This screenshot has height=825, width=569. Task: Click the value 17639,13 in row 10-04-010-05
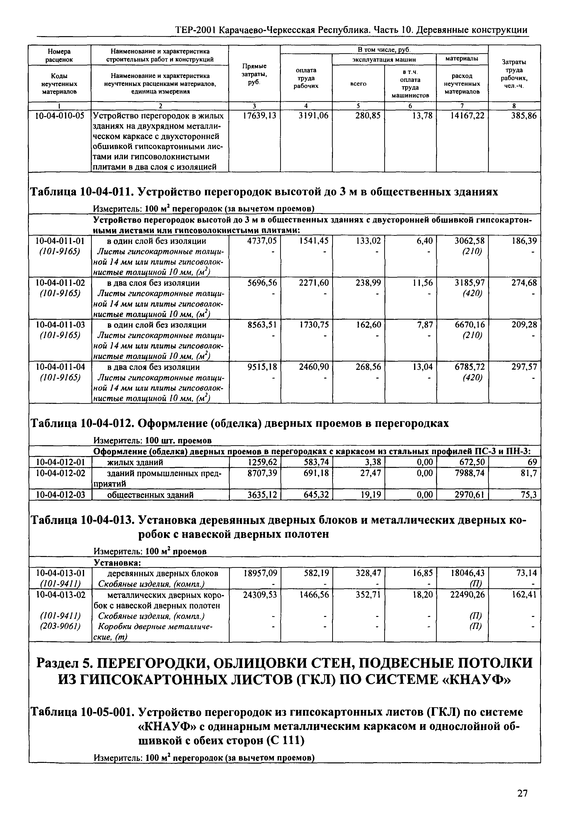click(259, 116)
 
